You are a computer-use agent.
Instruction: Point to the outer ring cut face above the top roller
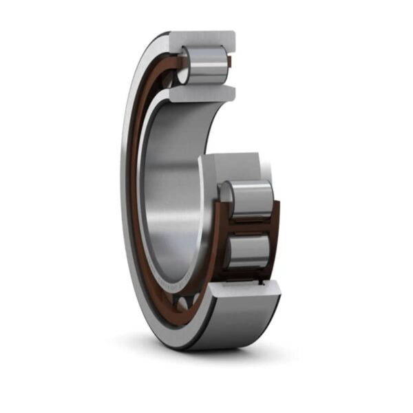point(206,39)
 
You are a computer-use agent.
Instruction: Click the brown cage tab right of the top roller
point(230,63)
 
